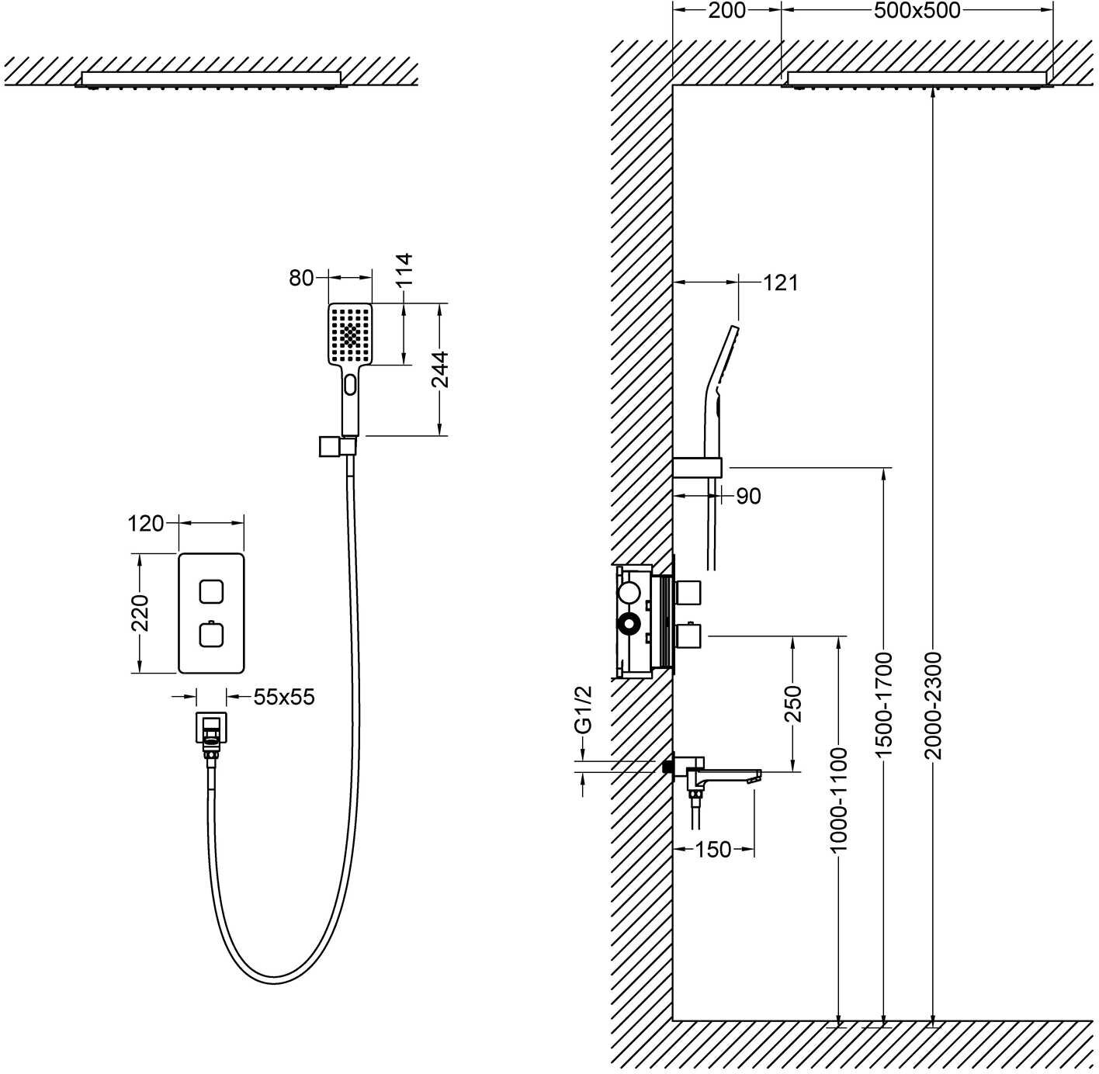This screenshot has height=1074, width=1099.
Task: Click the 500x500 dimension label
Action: point(917,10)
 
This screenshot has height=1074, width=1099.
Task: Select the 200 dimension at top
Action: point(726,10)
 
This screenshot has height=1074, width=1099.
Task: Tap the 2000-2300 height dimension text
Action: point(933,705)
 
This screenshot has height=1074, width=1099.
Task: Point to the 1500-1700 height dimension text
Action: point(884,705)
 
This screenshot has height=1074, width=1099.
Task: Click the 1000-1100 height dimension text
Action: point(839,799)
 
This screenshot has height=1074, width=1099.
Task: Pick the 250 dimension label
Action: point(792,704)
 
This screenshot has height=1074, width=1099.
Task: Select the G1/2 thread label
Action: point(583,708)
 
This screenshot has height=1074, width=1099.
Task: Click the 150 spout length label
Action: point(713,850)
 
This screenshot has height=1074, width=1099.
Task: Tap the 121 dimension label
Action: point(780,282)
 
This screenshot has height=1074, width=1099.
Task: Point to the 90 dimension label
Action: point(748,496)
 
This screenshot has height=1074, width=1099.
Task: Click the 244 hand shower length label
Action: point(440,369)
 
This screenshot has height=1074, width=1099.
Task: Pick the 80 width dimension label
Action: point(302,278)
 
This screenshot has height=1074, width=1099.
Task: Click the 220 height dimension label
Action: point(140,613)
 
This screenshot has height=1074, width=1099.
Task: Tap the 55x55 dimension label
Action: point(284,697)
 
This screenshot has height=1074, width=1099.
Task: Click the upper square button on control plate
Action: point(211,591)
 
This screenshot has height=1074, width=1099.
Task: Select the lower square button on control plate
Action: point(211,636)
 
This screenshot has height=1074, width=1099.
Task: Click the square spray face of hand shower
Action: point(351,334)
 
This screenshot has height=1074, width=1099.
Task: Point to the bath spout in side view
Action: point(726,775)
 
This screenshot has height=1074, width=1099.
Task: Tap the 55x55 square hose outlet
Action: point(211,728)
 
